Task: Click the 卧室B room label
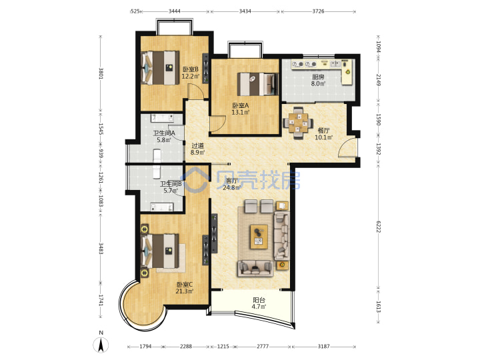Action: (x=191, y=69)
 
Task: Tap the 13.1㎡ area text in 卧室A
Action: (x=240, y=113)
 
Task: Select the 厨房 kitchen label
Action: (x=318, y=77)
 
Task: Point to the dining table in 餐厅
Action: (x=298, y=123)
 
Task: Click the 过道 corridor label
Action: (x=197, y=146)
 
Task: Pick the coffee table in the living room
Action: (x=259, y=237)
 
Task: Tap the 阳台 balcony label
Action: (x=259, y=300)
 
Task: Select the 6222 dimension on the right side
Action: (x=379, y=226)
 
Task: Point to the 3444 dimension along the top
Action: (x=175, y=11)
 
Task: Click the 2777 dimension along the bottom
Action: (x=263, y=347)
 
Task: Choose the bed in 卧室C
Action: (x=160, y=251)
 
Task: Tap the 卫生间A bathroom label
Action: (x=164, y=133)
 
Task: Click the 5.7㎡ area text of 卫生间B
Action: (x=171, y=191)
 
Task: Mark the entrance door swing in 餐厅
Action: (x=347, y=147)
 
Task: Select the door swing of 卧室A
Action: (x=217, y=124)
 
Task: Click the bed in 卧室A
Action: (x=258, y=84)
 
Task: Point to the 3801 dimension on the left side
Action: (x=101, y=73)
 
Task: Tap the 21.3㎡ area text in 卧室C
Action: (x=184, y=291)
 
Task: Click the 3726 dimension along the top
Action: (x=318, y=11)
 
